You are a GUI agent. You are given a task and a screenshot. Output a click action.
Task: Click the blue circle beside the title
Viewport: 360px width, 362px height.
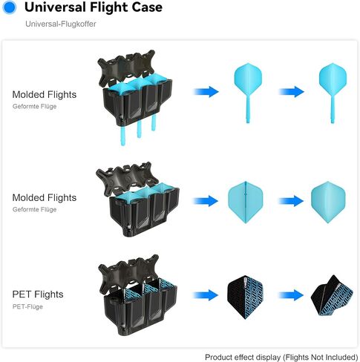10,7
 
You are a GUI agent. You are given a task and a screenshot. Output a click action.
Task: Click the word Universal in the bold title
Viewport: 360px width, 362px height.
55,7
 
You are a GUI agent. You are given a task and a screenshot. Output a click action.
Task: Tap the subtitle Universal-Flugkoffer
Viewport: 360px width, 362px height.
61,24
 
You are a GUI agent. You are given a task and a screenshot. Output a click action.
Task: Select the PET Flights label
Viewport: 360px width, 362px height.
38,294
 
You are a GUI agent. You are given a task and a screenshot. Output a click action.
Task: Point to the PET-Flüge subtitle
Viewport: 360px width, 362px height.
27,306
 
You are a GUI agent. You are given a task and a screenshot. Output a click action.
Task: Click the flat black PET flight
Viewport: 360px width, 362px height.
245,297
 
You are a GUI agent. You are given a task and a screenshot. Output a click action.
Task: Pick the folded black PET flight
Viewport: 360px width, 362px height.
332,295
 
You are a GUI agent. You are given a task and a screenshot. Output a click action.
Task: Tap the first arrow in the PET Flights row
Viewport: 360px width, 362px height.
206,295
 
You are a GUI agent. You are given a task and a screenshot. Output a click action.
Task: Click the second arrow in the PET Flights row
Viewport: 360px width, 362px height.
291,295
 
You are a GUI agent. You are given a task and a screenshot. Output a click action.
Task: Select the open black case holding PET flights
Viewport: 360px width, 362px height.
138,295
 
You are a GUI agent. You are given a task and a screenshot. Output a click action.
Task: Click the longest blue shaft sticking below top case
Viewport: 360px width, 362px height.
122,135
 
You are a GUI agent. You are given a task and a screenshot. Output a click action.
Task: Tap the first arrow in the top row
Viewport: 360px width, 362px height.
206,92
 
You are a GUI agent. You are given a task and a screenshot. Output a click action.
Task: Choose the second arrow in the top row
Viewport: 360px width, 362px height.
291,92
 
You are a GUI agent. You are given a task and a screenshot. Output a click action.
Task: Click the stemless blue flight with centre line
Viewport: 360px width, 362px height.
246,203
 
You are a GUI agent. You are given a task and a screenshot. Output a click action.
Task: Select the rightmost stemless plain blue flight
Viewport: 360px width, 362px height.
328,203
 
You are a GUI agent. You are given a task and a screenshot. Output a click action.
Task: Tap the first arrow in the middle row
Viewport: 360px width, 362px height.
206,201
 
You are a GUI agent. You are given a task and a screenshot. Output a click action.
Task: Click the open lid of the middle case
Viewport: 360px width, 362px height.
127,176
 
